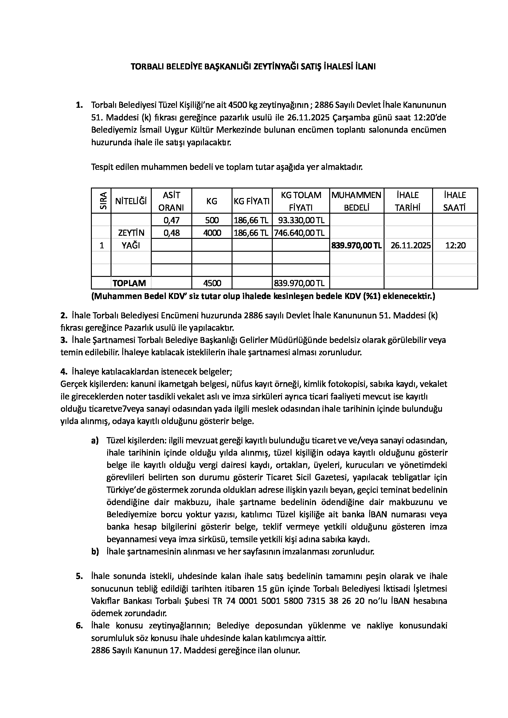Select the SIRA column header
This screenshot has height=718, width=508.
point(101,201)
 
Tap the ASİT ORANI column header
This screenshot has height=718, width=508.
point(171,201)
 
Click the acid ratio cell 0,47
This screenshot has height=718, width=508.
point(171,220)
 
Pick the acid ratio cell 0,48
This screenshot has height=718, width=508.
point(171,233)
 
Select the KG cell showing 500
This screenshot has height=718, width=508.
point(212,220)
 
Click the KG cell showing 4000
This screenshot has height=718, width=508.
point(212,233)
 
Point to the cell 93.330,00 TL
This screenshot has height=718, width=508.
point(301,220)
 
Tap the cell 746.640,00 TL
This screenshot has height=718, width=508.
point(301,233)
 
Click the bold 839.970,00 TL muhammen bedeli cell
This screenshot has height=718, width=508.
point(356,246)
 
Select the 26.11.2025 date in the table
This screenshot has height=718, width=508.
point(410,246)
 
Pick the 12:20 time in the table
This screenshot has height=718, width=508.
point(455,246)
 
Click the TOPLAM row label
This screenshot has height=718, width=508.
point(129,283)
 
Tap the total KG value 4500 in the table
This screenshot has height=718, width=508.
point(212,283)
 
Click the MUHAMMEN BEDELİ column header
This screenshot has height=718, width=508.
point(356,201)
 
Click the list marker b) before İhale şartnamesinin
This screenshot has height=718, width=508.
point(95,551)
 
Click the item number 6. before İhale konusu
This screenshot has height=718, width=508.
point(79,625)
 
